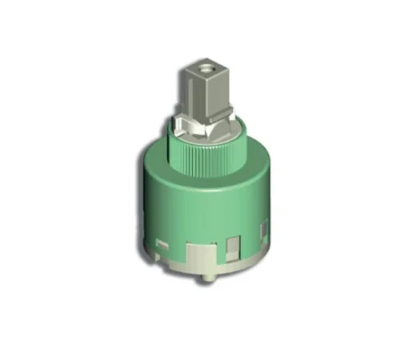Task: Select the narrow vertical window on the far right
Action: [261, 232]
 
